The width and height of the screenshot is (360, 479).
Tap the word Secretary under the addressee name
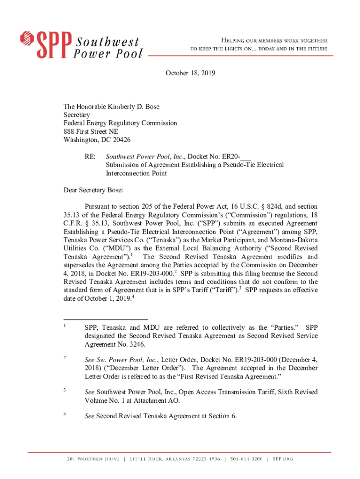coord(77,115)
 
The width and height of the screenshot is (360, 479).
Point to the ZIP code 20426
coord(120,140)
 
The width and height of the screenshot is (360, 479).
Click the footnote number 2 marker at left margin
coord(65,358)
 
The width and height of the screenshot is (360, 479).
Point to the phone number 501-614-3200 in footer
coord(247,459)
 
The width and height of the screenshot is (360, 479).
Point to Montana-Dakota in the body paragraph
coord(295,240)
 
